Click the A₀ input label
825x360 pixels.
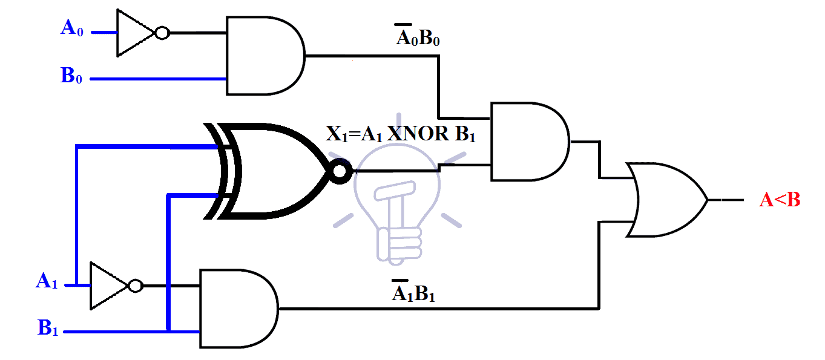pyautogui.click(x=72, y=28)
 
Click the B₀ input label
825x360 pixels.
pyautogui.click(x=71, y=76)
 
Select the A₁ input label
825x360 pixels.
pyautogui.click(x=47, y=281)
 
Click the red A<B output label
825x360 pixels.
pyautogui.click(x=780, y=200)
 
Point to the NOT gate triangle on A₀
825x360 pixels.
pyautogui.click(x=135, y=33)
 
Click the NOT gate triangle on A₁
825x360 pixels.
pyautogui.click(x=108, y=285)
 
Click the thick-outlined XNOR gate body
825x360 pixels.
pyautogui.click(x=272, y=171)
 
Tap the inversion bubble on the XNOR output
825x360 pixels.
pyautogui.click(x=339, y=172)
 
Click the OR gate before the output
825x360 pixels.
pyautogui.click(x=666, y=200)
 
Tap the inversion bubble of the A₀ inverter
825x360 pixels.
pyautogui.click(x=162, y=33)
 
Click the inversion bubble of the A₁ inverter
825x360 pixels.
pyautogui.click(x=136, y=285)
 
